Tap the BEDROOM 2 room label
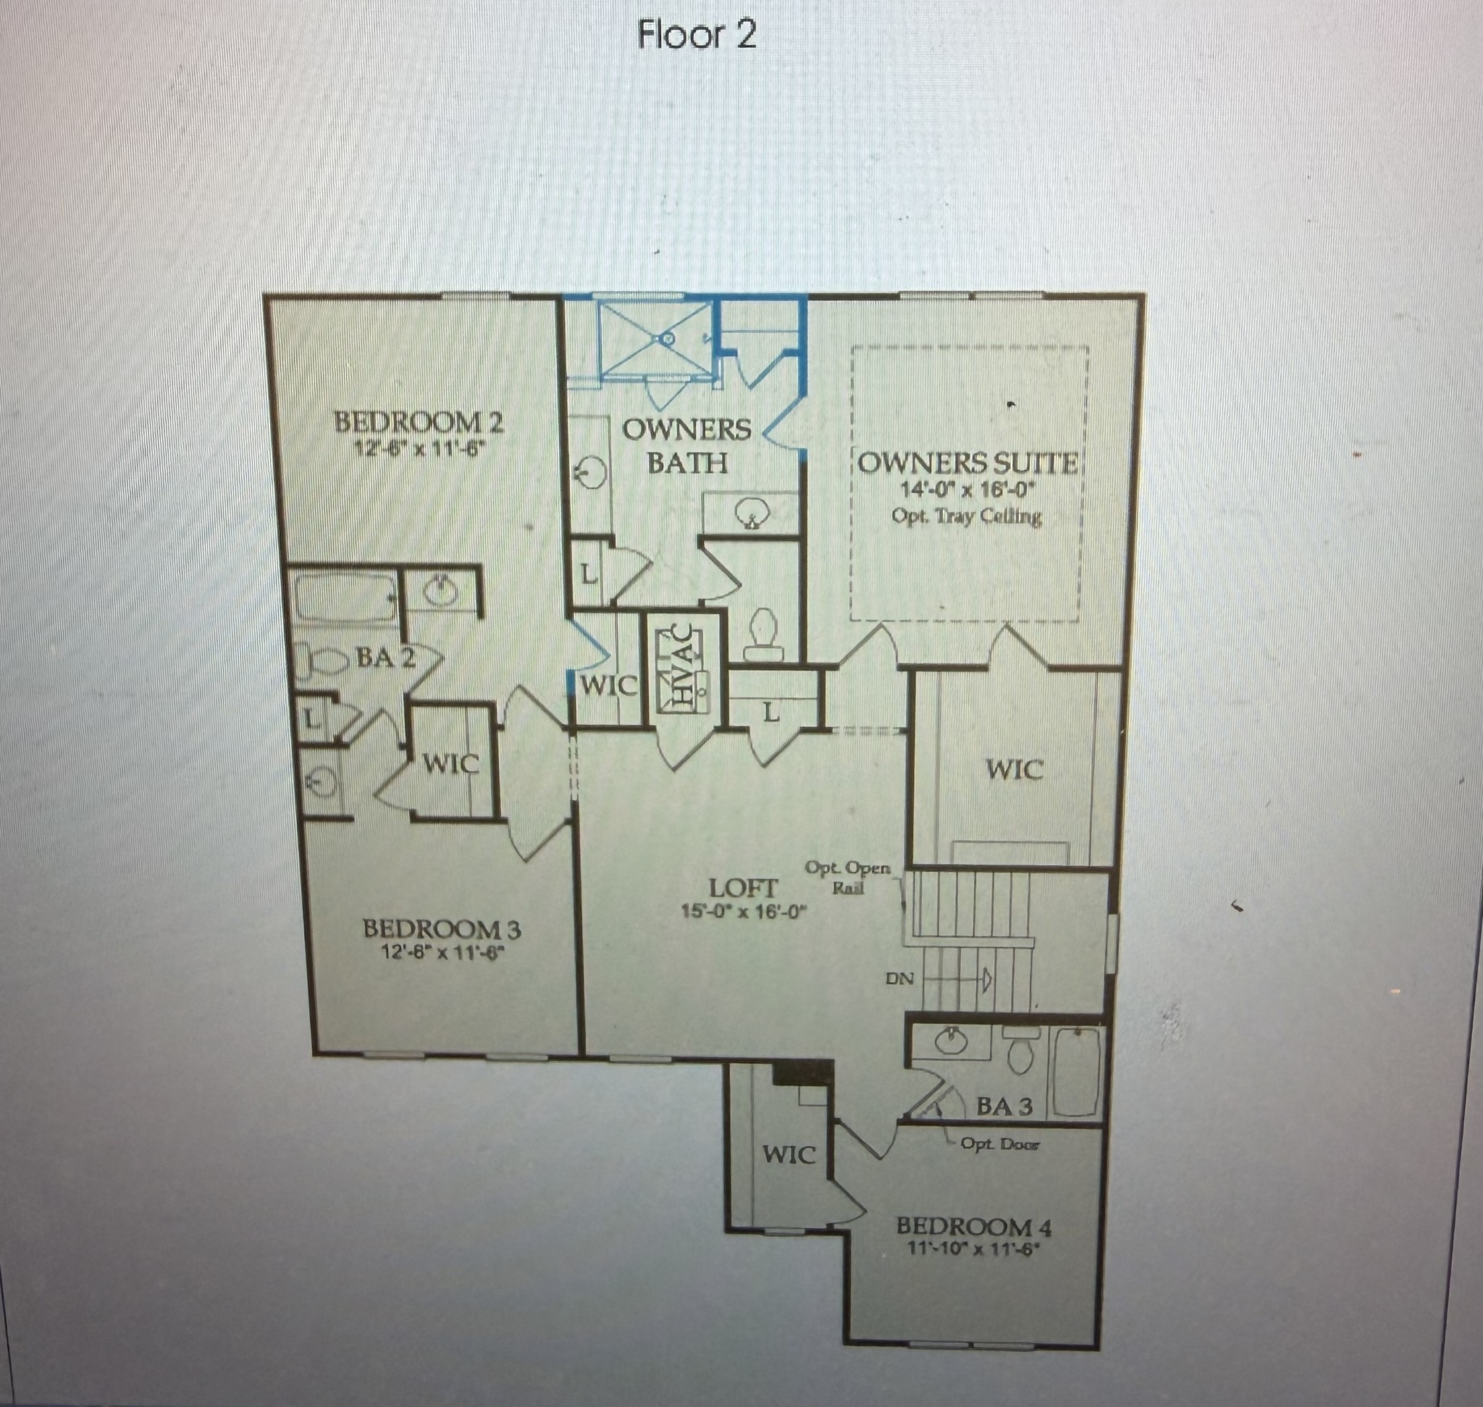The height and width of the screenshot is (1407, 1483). coord(419,423)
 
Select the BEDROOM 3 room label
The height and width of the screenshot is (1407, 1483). coord(442,929)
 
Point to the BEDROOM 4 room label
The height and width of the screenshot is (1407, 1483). coord(974,1227)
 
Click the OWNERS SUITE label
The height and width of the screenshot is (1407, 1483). coord(967,463)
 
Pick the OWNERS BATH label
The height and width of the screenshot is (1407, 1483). coord(686,446)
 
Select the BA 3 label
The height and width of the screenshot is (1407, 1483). coord(1004,1106)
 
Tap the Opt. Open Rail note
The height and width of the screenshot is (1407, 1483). coord(849,878)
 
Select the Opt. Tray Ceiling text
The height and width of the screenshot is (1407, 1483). coord(966,516)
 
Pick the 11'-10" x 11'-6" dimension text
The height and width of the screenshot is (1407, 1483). coord(974,1251)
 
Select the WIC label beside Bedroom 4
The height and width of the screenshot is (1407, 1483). coord(789,1154)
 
